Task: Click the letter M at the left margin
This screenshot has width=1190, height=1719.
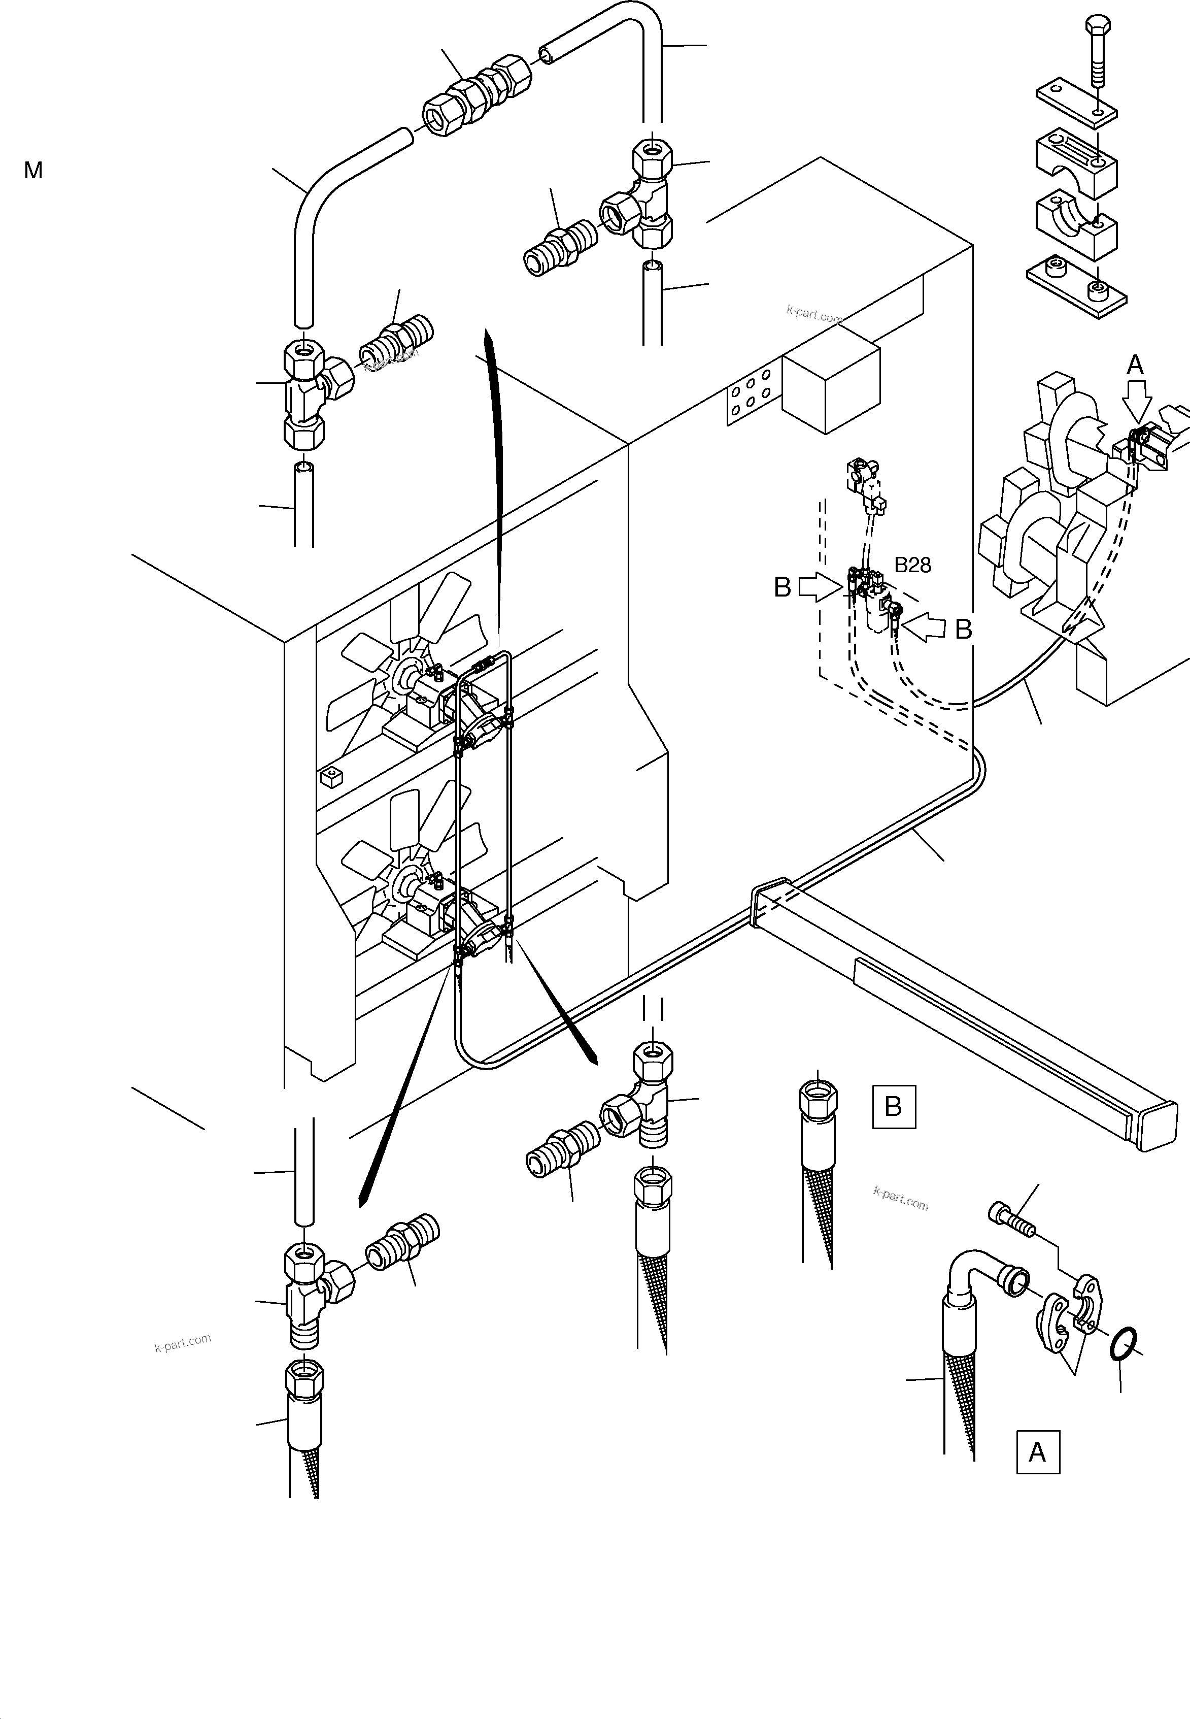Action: (33, 171)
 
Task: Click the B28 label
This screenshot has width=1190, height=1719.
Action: (912, 565)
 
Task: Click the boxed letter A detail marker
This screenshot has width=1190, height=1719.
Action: (1038, 1452)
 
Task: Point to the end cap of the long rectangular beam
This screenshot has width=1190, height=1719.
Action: (1158, 1126)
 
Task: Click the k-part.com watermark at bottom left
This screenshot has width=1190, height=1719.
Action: (183, 1342)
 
